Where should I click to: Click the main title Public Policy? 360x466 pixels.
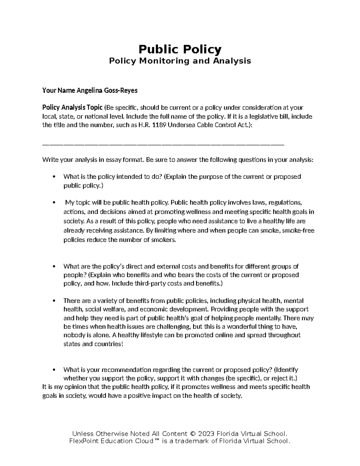pyautogui.click(x=180, y=49)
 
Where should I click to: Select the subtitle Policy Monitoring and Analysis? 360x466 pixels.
pyautogui.click(x=180, y=61)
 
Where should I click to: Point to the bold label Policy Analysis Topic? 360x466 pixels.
pyautogui.click(x=72, y=107)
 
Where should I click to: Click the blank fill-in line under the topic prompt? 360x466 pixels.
pyautogui.click(x=163, y=145)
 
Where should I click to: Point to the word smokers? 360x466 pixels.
pyautogui.click(x=163, y=240)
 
